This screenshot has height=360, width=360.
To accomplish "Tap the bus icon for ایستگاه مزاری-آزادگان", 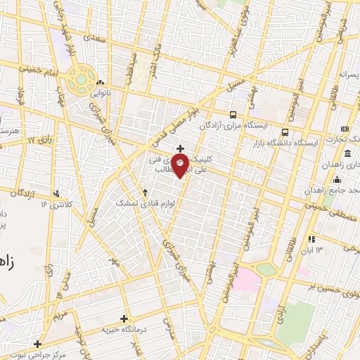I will (233, 115).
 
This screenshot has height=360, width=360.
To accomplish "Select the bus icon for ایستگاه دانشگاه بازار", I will (285, 131).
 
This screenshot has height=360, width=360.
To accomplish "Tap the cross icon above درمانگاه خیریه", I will (124, 319).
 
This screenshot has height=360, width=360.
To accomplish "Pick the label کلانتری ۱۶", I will (56, 204).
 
